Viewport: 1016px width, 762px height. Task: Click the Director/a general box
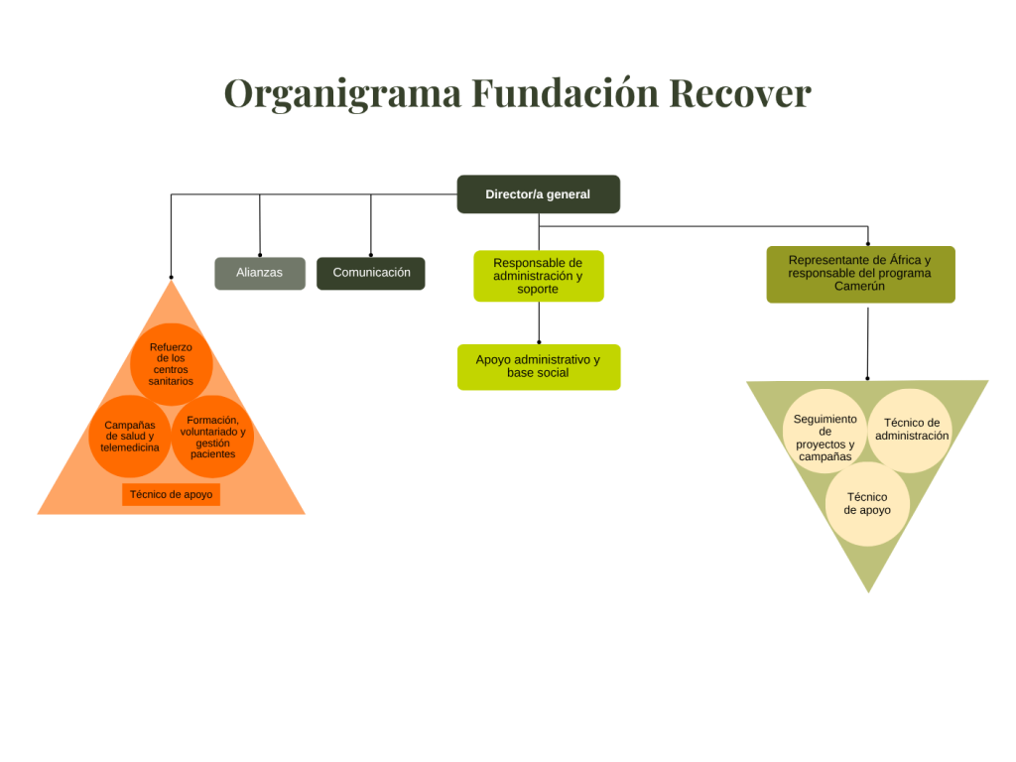(x=538, y=194)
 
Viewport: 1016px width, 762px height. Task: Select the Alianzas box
(x=260, y=273)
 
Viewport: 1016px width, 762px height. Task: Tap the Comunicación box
(x=371, y=273)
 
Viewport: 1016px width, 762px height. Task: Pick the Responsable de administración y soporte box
(x=538, y=276)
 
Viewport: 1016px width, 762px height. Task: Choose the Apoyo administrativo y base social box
(x=538, y=366)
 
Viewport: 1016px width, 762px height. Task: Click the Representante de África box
(x=860, y=274)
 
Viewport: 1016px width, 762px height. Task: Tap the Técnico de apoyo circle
(x=867, y=504)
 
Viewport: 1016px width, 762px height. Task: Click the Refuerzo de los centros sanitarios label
(x=171, y=364)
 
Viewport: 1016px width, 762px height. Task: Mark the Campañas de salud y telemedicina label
(x=130, y=437)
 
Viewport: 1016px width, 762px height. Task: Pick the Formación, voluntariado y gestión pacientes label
(x=213, y=437)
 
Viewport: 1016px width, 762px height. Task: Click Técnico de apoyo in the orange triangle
(x=171, y=494)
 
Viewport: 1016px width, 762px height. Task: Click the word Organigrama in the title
(x=342, y=95)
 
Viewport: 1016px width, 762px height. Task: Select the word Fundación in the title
(x=564, y=94)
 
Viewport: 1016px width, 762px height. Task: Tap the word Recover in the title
(x=739, y=94)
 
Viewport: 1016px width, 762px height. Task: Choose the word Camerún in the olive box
(x=859, y=287)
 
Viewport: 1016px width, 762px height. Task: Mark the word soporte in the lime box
(x=538, y=290)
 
